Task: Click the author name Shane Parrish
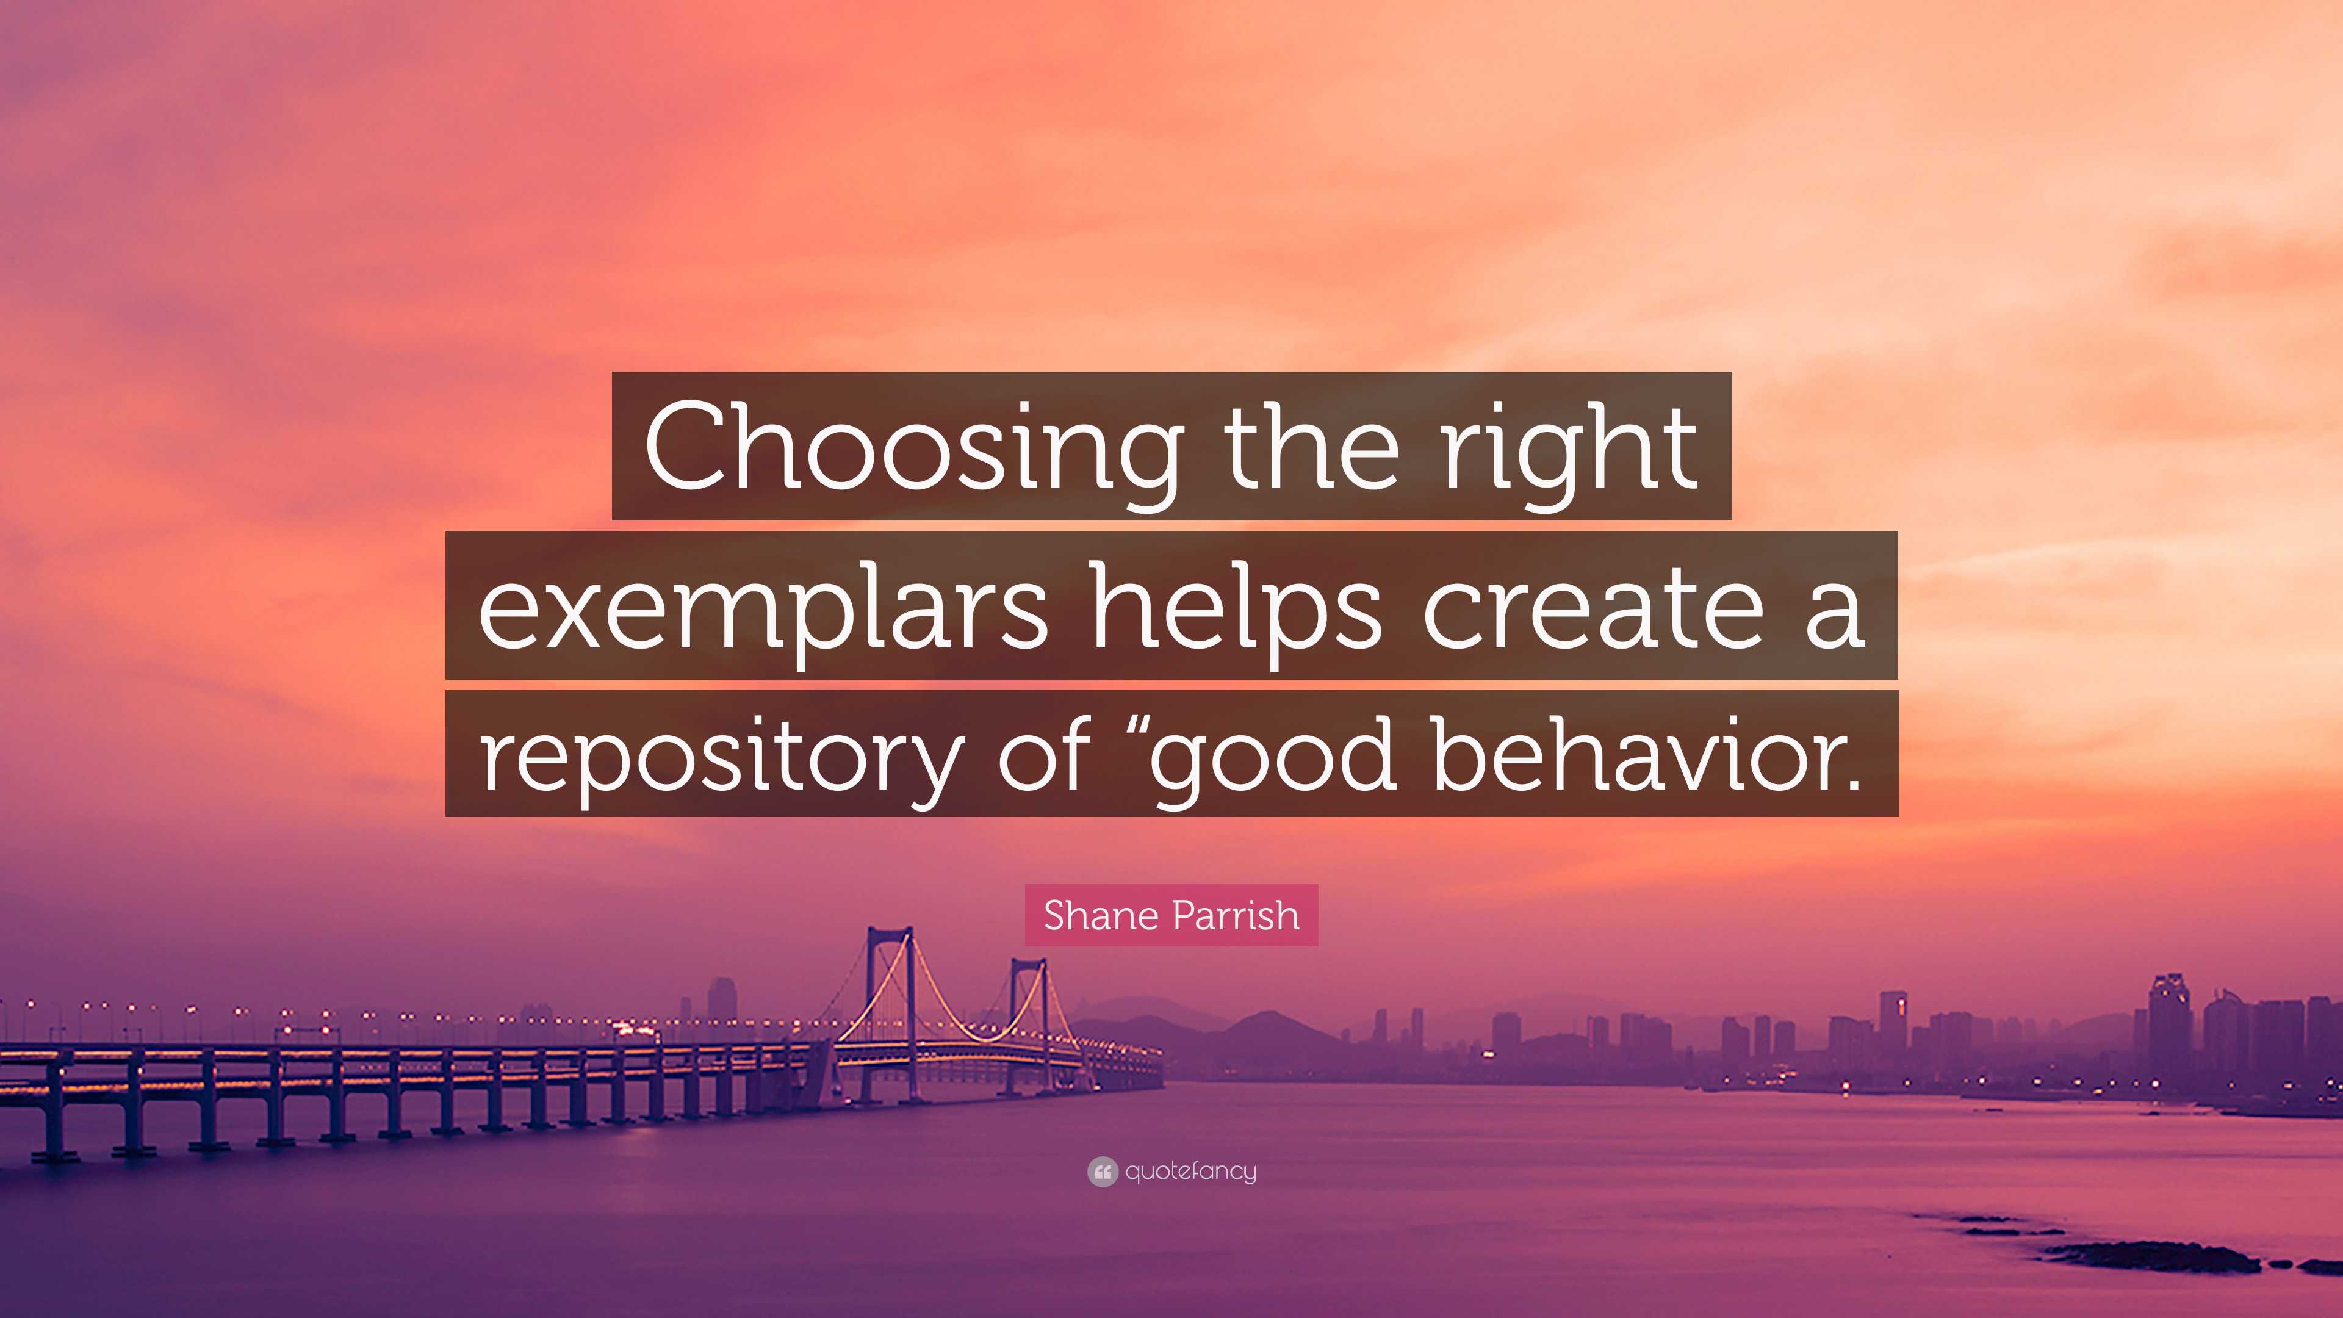point(1171,915)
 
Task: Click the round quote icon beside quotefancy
point(1101,1172)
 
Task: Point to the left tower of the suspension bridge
point(888,1001)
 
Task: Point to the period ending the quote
point(1848,782)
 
